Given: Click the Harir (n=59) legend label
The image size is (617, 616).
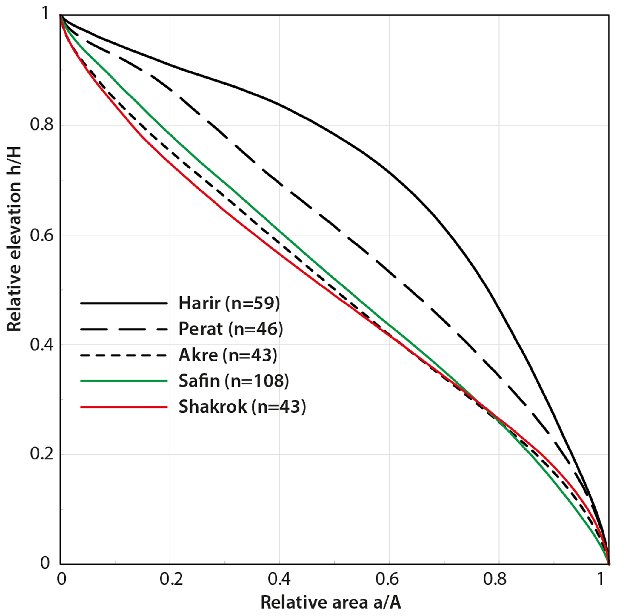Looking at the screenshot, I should (x=229, y=303).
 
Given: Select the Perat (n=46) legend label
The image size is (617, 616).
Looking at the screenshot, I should (x=230, y=329).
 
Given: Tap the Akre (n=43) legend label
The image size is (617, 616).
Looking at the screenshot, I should (x=228, y=355).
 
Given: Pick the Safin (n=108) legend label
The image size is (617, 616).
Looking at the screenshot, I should (x=233, y=381).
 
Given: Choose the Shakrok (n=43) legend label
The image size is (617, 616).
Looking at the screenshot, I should (x=242, y=407).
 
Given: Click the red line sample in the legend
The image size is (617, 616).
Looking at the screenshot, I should (x=124, y=407).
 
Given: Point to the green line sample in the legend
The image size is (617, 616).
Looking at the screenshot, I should (x=124, y=381).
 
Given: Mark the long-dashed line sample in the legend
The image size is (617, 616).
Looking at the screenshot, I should (x=124, y=329).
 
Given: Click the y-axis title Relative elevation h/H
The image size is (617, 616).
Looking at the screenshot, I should (x=14, y=239).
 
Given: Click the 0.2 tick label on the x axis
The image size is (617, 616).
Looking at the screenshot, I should (x=171, y=579).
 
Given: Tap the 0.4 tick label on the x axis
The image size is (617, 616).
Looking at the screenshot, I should (x=279, y=579).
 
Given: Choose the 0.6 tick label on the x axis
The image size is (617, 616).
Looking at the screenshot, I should (x=387, y=579).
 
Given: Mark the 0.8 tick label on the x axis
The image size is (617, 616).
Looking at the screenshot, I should (x=495, y=579).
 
